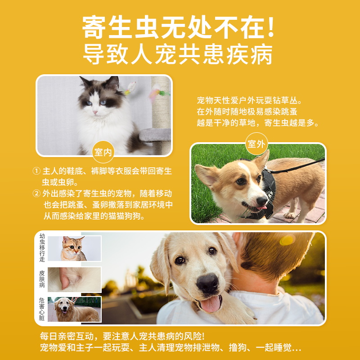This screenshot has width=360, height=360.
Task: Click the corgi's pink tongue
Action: [260, 208]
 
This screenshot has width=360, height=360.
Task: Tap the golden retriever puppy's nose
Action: [208, 283]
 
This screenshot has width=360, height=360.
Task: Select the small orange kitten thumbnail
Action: [74, 248]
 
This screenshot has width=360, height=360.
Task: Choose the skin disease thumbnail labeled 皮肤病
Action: [74, 279]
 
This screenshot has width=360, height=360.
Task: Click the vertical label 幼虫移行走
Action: [42, 248]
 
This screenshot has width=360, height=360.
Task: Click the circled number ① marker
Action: [37, 171]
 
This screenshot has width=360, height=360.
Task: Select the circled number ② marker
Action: [37, 193]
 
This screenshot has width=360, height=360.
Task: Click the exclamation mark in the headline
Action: [270, 28]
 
